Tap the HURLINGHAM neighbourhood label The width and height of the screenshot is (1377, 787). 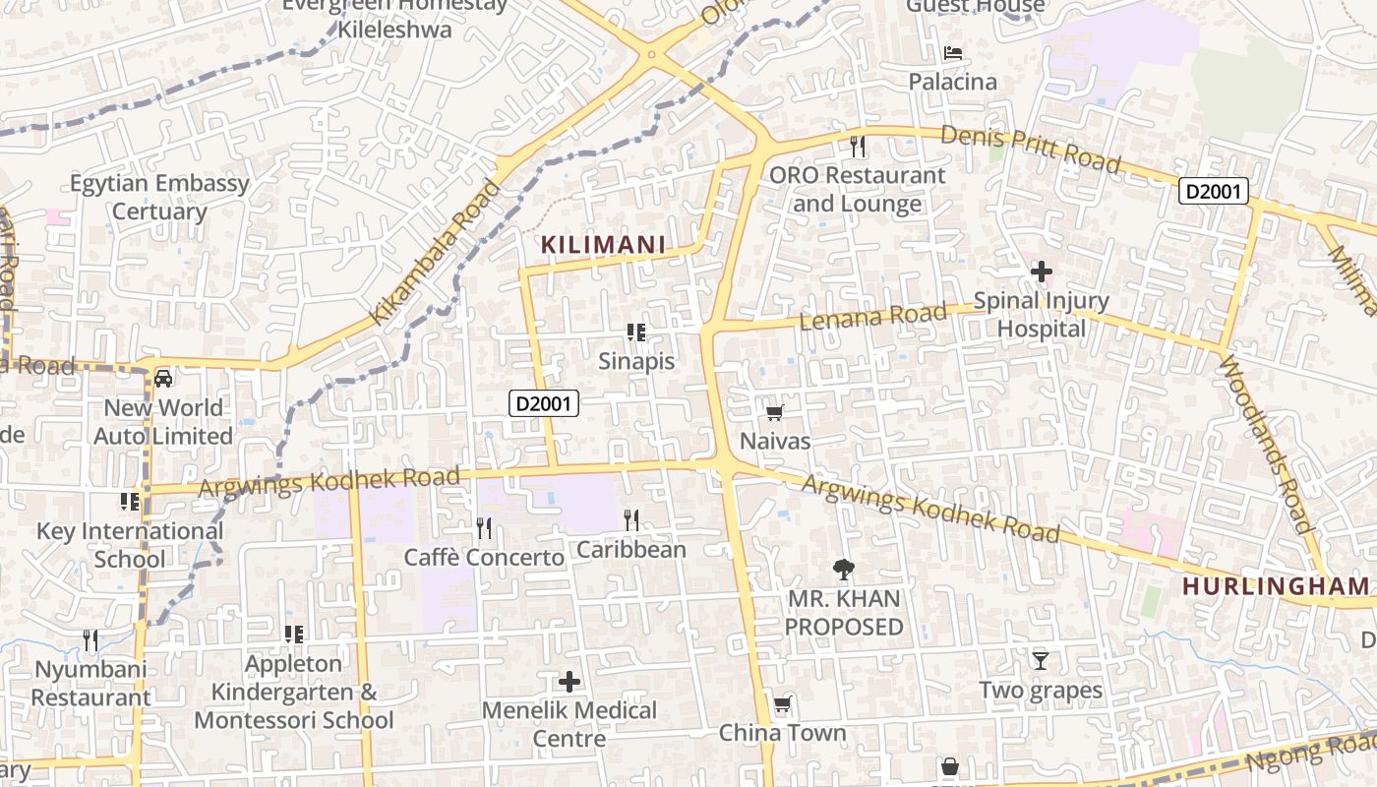(1276, 586)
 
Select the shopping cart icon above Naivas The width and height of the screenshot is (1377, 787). (775, 413)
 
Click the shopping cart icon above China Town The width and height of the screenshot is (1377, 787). (782, 704)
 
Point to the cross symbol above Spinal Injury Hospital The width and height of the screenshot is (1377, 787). (1041, 271)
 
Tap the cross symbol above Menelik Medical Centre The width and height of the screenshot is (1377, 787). (569, 681)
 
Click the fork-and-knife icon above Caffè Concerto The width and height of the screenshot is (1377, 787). (484, 528)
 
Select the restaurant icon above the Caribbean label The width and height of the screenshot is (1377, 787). (631, 519)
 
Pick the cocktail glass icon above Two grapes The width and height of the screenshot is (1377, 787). (1041, 660)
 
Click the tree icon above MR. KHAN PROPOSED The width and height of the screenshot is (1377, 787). (843, 568)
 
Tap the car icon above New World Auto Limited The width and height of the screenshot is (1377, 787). (163, 378)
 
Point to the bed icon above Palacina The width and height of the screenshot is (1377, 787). (952, 52)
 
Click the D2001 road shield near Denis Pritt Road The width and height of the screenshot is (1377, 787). (1215, 191)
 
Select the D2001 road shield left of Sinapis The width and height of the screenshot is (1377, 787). (544, 402)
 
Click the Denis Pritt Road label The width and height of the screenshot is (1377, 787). (1031, 149)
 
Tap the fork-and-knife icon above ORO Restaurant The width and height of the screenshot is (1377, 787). (858, 147)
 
